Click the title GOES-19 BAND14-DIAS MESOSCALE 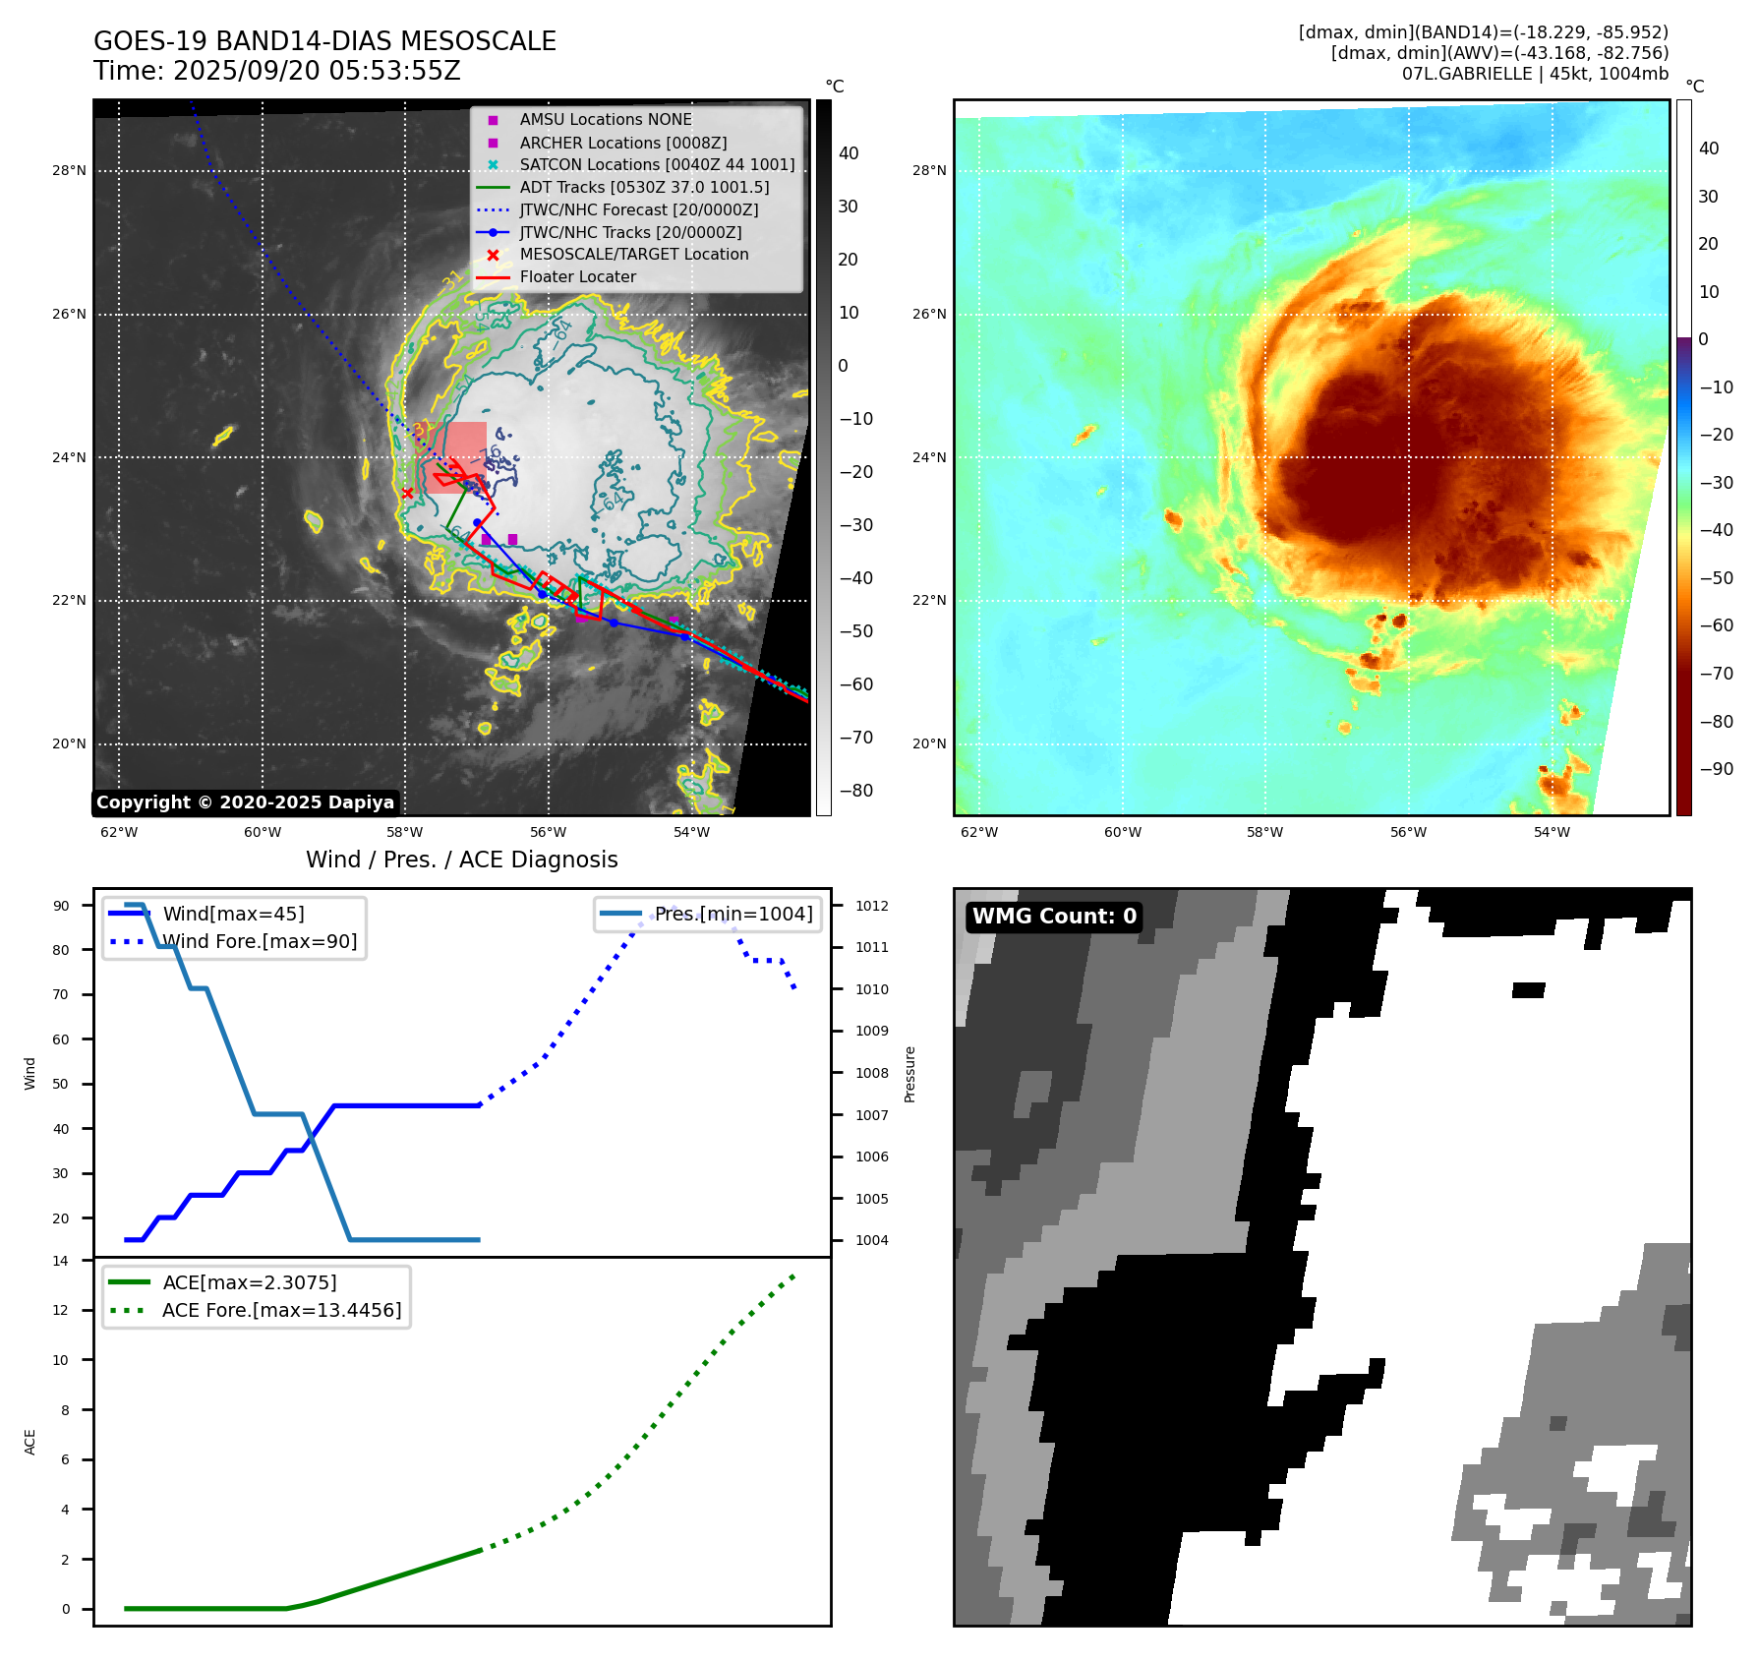coord(324,41)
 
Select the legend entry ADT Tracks coord(644,187)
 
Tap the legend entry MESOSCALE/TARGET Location coord(633,254)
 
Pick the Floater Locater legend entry coord(577,276)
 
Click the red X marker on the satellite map coord(407,493)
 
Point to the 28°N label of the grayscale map coord(69,170)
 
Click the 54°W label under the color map coord(1552,832)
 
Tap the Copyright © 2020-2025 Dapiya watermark coord(245,802)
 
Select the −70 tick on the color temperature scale coord(1716,674)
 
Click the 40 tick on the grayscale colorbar coord(849,153)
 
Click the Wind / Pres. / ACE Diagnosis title coord(461,860)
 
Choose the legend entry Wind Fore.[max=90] coord(260,941)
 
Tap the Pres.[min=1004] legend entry coord(733,914)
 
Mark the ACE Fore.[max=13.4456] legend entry coord(281,1310)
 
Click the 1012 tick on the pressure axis coord(871,906)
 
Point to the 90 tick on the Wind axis coord(61,906)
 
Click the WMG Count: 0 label coord(1054,917)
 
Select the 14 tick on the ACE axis coord(61,1261)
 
